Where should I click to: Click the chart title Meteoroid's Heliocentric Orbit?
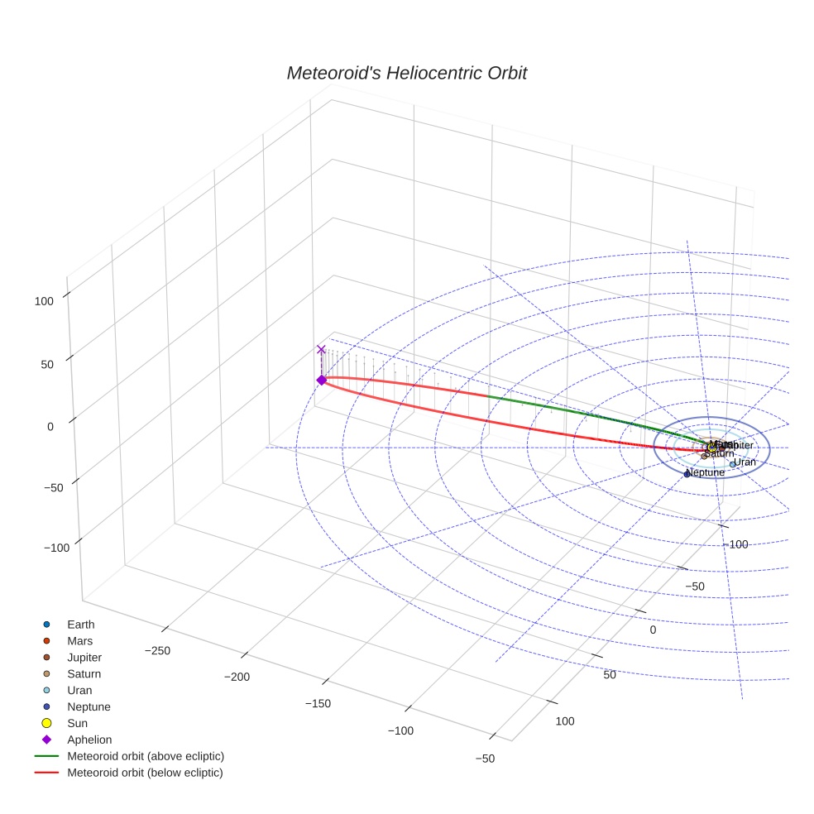[x=406, y=73]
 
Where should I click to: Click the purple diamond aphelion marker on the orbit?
[x=321, y=380]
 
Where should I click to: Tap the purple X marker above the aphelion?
[x=321, y=350]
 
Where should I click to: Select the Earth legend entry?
[x=80, y=625]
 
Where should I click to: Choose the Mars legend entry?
[x=79, y=641]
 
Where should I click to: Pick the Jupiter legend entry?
[x=84, y=658]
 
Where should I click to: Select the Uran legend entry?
[x=79, y=690]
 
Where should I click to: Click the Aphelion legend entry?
[x=89, y=740]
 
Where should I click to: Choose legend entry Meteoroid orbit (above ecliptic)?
[x=145, y=756]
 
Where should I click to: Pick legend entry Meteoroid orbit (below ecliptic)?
[x=145, y=773]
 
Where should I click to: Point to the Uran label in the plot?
[x=745, y=462]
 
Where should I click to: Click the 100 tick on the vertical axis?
[x=44, y=302]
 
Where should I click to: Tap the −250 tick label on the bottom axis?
[x=157, y=651]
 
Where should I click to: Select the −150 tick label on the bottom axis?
[x=318, y=704]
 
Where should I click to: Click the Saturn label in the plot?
[x=720, y=453]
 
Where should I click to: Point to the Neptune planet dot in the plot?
[x=687, y=474]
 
